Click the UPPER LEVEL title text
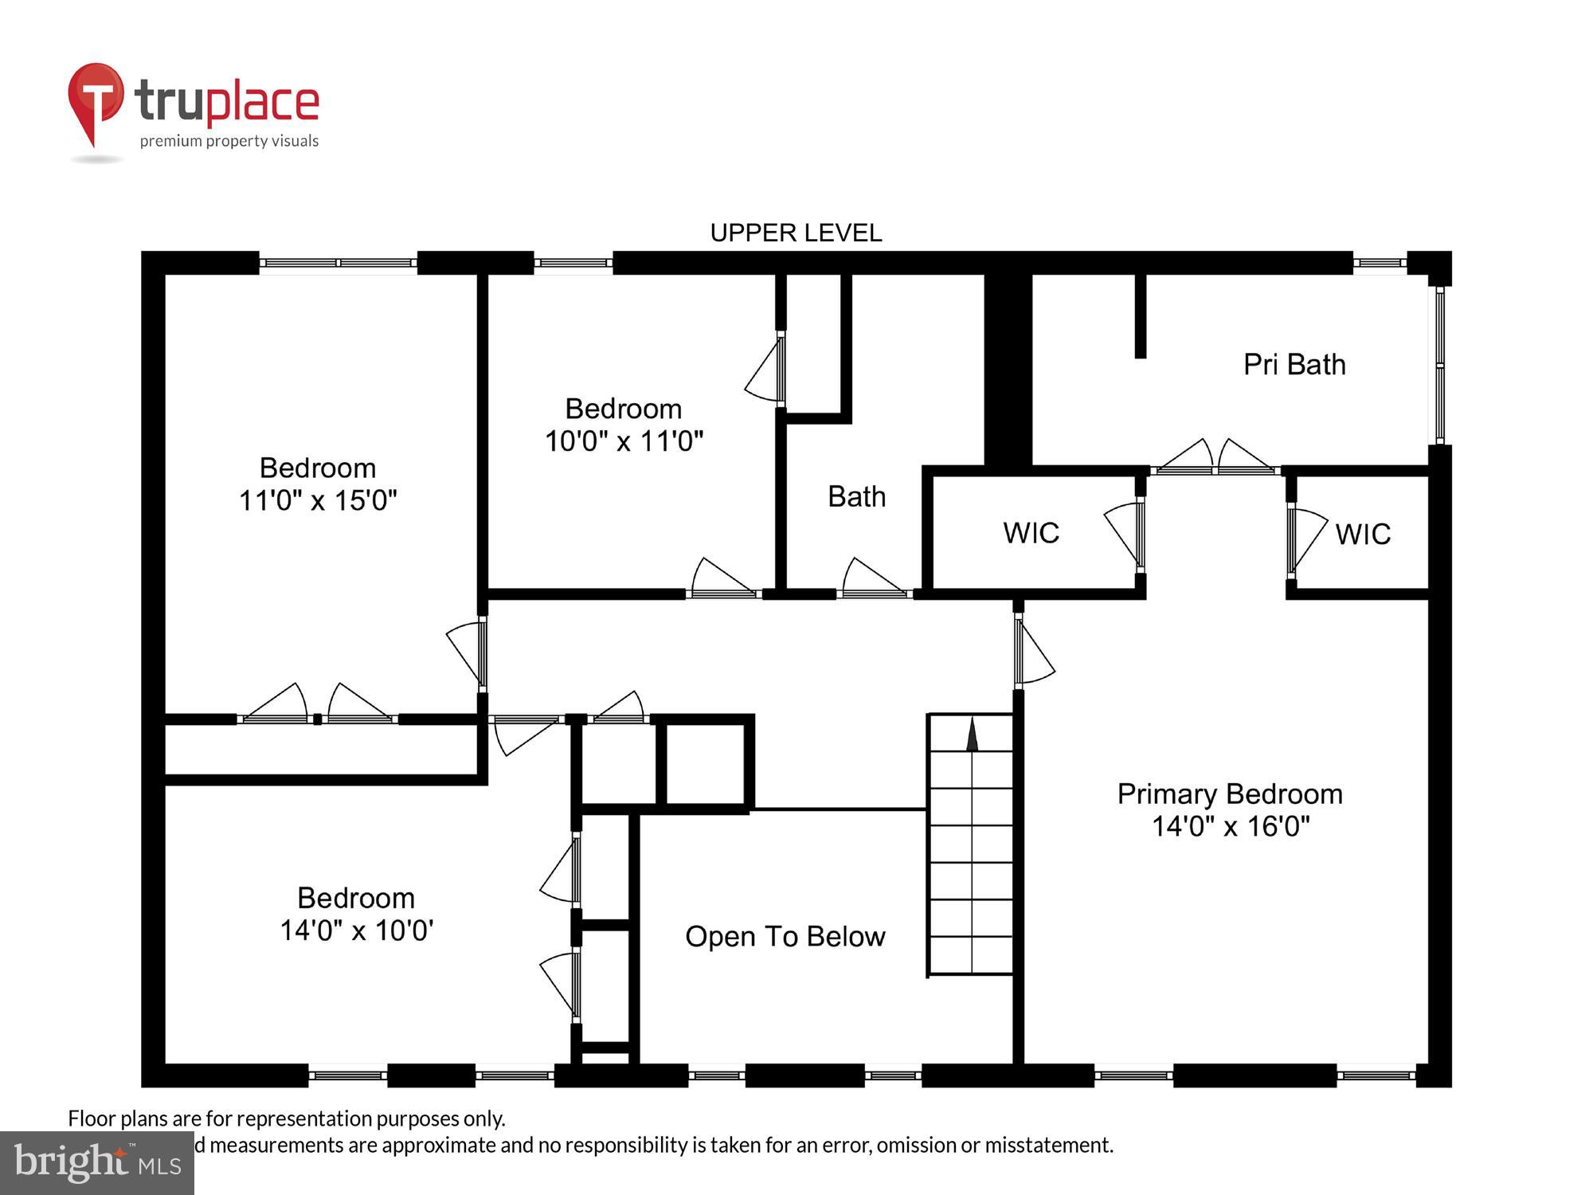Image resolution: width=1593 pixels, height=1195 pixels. point(796,233)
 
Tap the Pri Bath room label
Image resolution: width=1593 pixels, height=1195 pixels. point(1294,365)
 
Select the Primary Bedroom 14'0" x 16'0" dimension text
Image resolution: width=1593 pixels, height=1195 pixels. point(1230,826)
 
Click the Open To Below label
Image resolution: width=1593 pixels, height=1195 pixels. point(785,936)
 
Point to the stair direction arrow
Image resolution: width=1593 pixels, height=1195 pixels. point(972,735)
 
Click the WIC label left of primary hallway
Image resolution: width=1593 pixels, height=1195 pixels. point(1031,533)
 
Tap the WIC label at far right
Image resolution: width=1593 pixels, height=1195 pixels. point(1363,534)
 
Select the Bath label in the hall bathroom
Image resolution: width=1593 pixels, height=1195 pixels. point(856,496)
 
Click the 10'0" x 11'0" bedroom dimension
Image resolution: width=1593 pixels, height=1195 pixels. point(624,441)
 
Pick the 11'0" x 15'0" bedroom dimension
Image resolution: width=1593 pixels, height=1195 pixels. point(318,500)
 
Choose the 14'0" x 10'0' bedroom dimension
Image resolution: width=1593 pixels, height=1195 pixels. point(356,930)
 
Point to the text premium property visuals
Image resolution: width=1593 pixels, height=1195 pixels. point(229,141)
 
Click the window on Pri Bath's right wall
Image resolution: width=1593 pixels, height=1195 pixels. point(1440,365)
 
